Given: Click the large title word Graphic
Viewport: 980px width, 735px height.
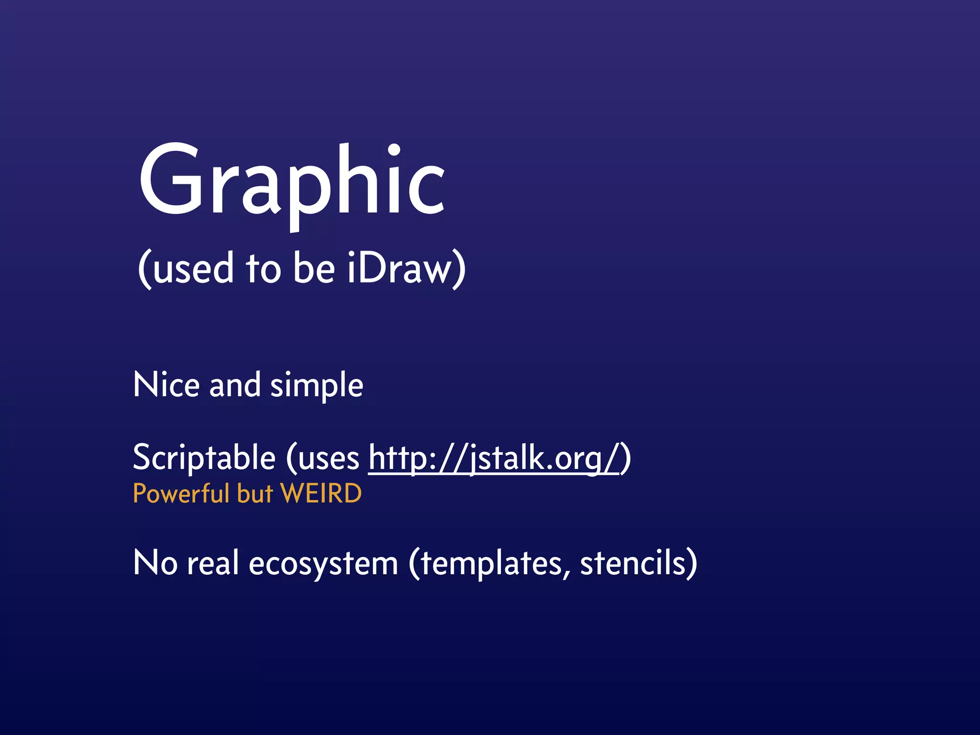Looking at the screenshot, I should pos(292,182).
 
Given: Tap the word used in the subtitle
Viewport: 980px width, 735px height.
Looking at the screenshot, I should pos(193,269).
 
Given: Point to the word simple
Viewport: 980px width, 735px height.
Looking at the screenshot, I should pos(317,386).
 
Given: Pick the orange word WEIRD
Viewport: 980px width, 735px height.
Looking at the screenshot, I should pos(321,493).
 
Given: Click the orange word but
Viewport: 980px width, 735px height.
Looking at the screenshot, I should pos(255,493).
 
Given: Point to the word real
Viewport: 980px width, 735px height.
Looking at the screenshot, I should pos(212,563).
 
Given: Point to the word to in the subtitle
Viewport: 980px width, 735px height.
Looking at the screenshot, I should pos(263,269).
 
